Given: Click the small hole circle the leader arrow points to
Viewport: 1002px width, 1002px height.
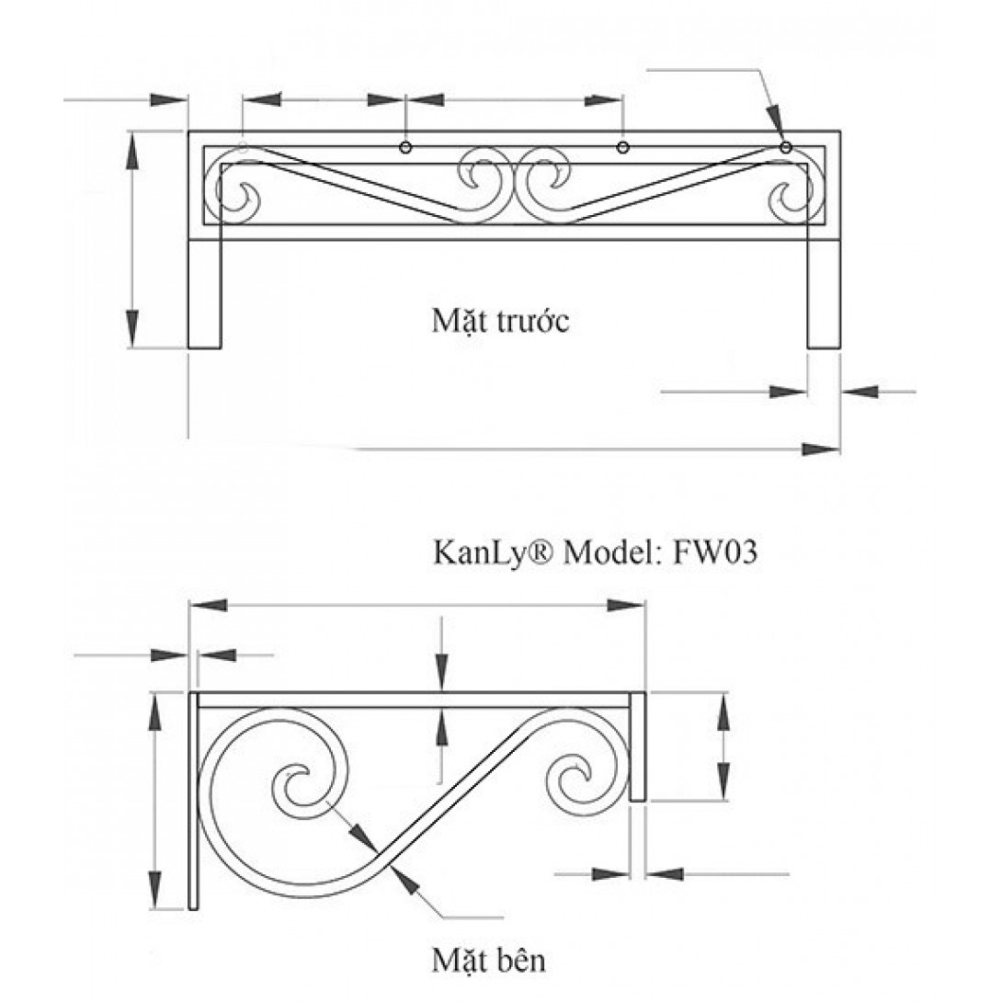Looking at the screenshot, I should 785,147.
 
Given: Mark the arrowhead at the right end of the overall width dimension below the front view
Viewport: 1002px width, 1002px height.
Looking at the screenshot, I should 821,450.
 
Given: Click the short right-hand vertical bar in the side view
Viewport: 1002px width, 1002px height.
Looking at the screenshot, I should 638,746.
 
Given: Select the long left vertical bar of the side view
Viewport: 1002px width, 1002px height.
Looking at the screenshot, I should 193,800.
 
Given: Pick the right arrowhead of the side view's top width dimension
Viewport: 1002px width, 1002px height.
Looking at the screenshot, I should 628,604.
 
